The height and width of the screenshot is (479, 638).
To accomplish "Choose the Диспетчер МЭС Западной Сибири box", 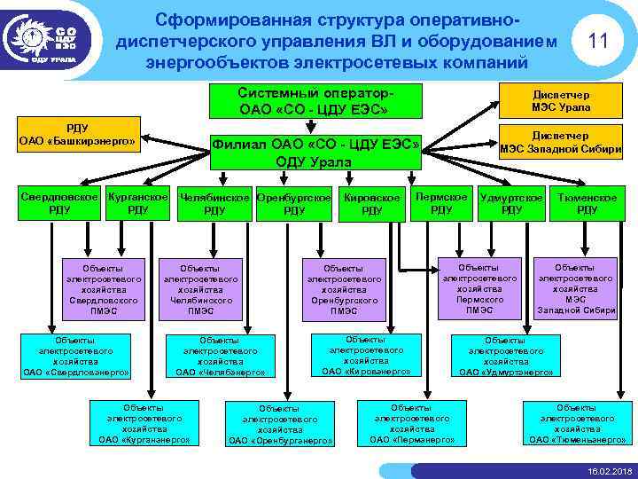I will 561,143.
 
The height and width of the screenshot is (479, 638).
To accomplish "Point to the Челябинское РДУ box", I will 214,203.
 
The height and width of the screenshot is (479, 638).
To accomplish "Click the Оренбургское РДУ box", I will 294,203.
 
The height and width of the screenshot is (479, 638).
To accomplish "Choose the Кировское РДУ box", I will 372,203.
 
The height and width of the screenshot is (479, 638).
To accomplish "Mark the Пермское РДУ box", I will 440,202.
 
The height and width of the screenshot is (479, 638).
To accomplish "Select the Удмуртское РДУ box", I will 511,202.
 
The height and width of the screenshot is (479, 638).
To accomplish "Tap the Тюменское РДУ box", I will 587,202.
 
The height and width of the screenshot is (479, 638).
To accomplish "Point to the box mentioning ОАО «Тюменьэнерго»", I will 577,422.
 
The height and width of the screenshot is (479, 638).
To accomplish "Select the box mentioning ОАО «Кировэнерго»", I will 366,355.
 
